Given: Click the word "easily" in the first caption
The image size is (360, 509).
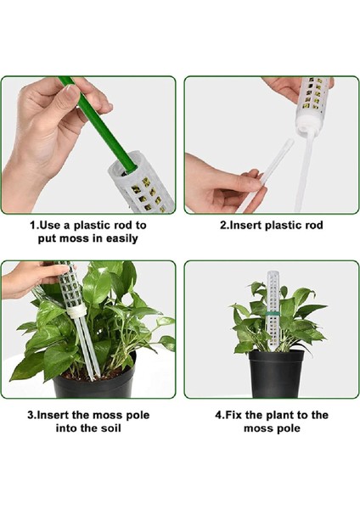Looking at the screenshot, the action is coord(122,239).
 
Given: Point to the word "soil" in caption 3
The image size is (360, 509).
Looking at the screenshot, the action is coord(110,428).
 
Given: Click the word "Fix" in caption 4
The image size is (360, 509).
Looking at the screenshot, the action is coord(233,415).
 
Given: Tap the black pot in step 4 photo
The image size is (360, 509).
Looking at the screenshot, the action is coord(276,374).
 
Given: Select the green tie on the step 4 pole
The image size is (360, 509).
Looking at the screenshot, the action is coord(273,314).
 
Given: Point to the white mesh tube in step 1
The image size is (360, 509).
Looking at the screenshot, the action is coord(143,183).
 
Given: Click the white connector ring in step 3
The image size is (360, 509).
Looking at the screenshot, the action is coord(77,312).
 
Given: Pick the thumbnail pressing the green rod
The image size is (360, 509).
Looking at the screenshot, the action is coord(71,92).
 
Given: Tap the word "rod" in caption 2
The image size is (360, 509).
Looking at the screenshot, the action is coord(314,226).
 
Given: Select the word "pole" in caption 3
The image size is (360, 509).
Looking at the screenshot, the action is coord(137,416).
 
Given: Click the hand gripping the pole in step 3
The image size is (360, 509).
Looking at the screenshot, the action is coord(32,277).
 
